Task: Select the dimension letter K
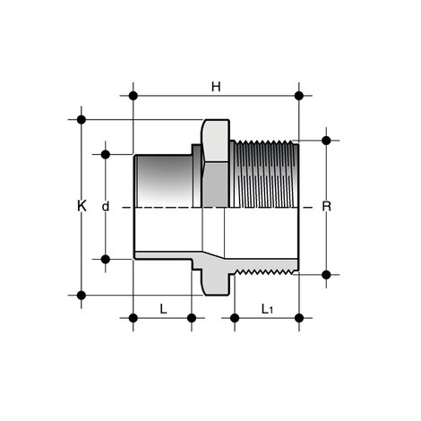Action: point(82,206)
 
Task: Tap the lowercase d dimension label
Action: point(106,207)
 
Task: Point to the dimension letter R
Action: point(327,207)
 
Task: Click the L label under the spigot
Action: point(162,308)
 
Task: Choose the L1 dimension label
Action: point(267,309)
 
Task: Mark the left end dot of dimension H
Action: point(133,95)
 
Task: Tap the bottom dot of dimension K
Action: point(82,294)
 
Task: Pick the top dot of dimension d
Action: point(106,154)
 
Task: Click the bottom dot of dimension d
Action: point(106,260)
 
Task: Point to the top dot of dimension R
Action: point(326,140)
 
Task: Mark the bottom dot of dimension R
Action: point(326,274)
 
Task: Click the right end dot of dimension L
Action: point(191,317)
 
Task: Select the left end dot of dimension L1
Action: point(235,317)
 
